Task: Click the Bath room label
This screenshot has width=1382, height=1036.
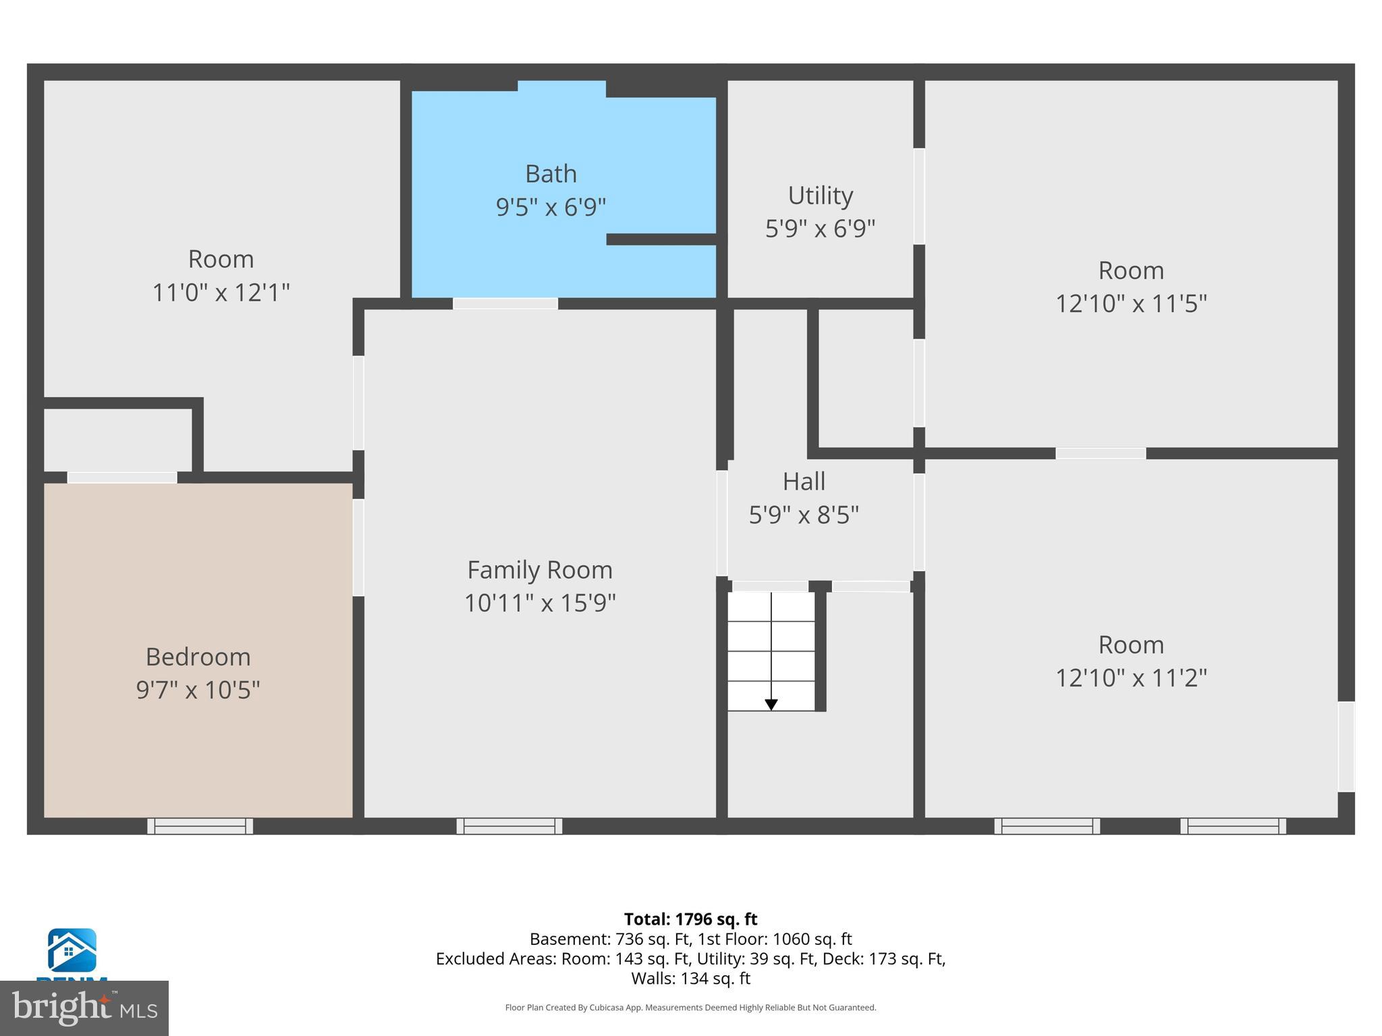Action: pos(551,174)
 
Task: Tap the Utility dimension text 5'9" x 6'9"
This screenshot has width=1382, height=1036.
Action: pos(820,229)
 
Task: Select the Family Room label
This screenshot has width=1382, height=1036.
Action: pos(540,570)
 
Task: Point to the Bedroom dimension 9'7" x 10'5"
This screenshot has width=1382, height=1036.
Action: pos(198,690)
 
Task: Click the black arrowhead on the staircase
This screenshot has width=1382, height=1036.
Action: pos(771,705)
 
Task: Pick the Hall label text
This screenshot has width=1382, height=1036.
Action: pos(804,482)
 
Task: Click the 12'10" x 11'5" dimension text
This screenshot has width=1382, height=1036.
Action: pos(1131,304)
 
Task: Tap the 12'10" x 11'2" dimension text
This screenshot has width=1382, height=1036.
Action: pos(1131,677)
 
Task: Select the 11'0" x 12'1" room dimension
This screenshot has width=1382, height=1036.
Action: pos(221,293)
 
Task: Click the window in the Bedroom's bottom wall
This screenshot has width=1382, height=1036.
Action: pos(200,826)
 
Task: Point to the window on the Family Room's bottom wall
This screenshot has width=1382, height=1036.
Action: pos(509,826)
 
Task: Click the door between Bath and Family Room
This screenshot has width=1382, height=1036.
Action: pos(505,304)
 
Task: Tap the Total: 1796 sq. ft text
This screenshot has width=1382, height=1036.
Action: pos(690,919)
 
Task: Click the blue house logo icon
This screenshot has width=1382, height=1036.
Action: pos(72,950)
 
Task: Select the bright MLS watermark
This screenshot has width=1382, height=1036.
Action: pos(84,1008)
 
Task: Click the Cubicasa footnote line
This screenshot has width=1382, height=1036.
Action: pos(690,1008)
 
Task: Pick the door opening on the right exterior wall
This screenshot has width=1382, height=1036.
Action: pos(1346,746)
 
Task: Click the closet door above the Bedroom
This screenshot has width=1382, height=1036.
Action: pos(122,478)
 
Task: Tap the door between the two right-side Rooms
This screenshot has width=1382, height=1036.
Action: pos(1100,453)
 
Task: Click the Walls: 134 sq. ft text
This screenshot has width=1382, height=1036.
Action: pos(690,978)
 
